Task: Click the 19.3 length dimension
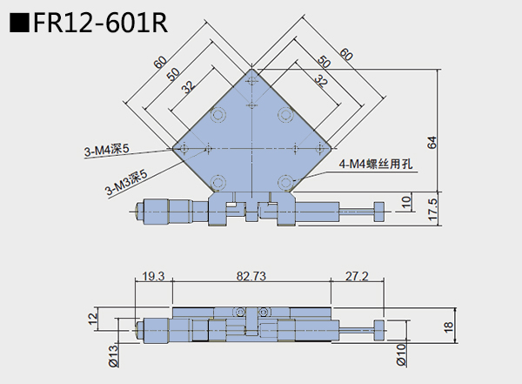[153, 276]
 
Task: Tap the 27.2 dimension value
[358, 276]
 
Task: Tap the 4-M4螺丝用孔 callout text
[374, 164]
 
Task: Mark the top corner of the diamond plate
[251, 68]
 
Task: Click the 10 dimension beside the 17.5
[406, 203]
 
